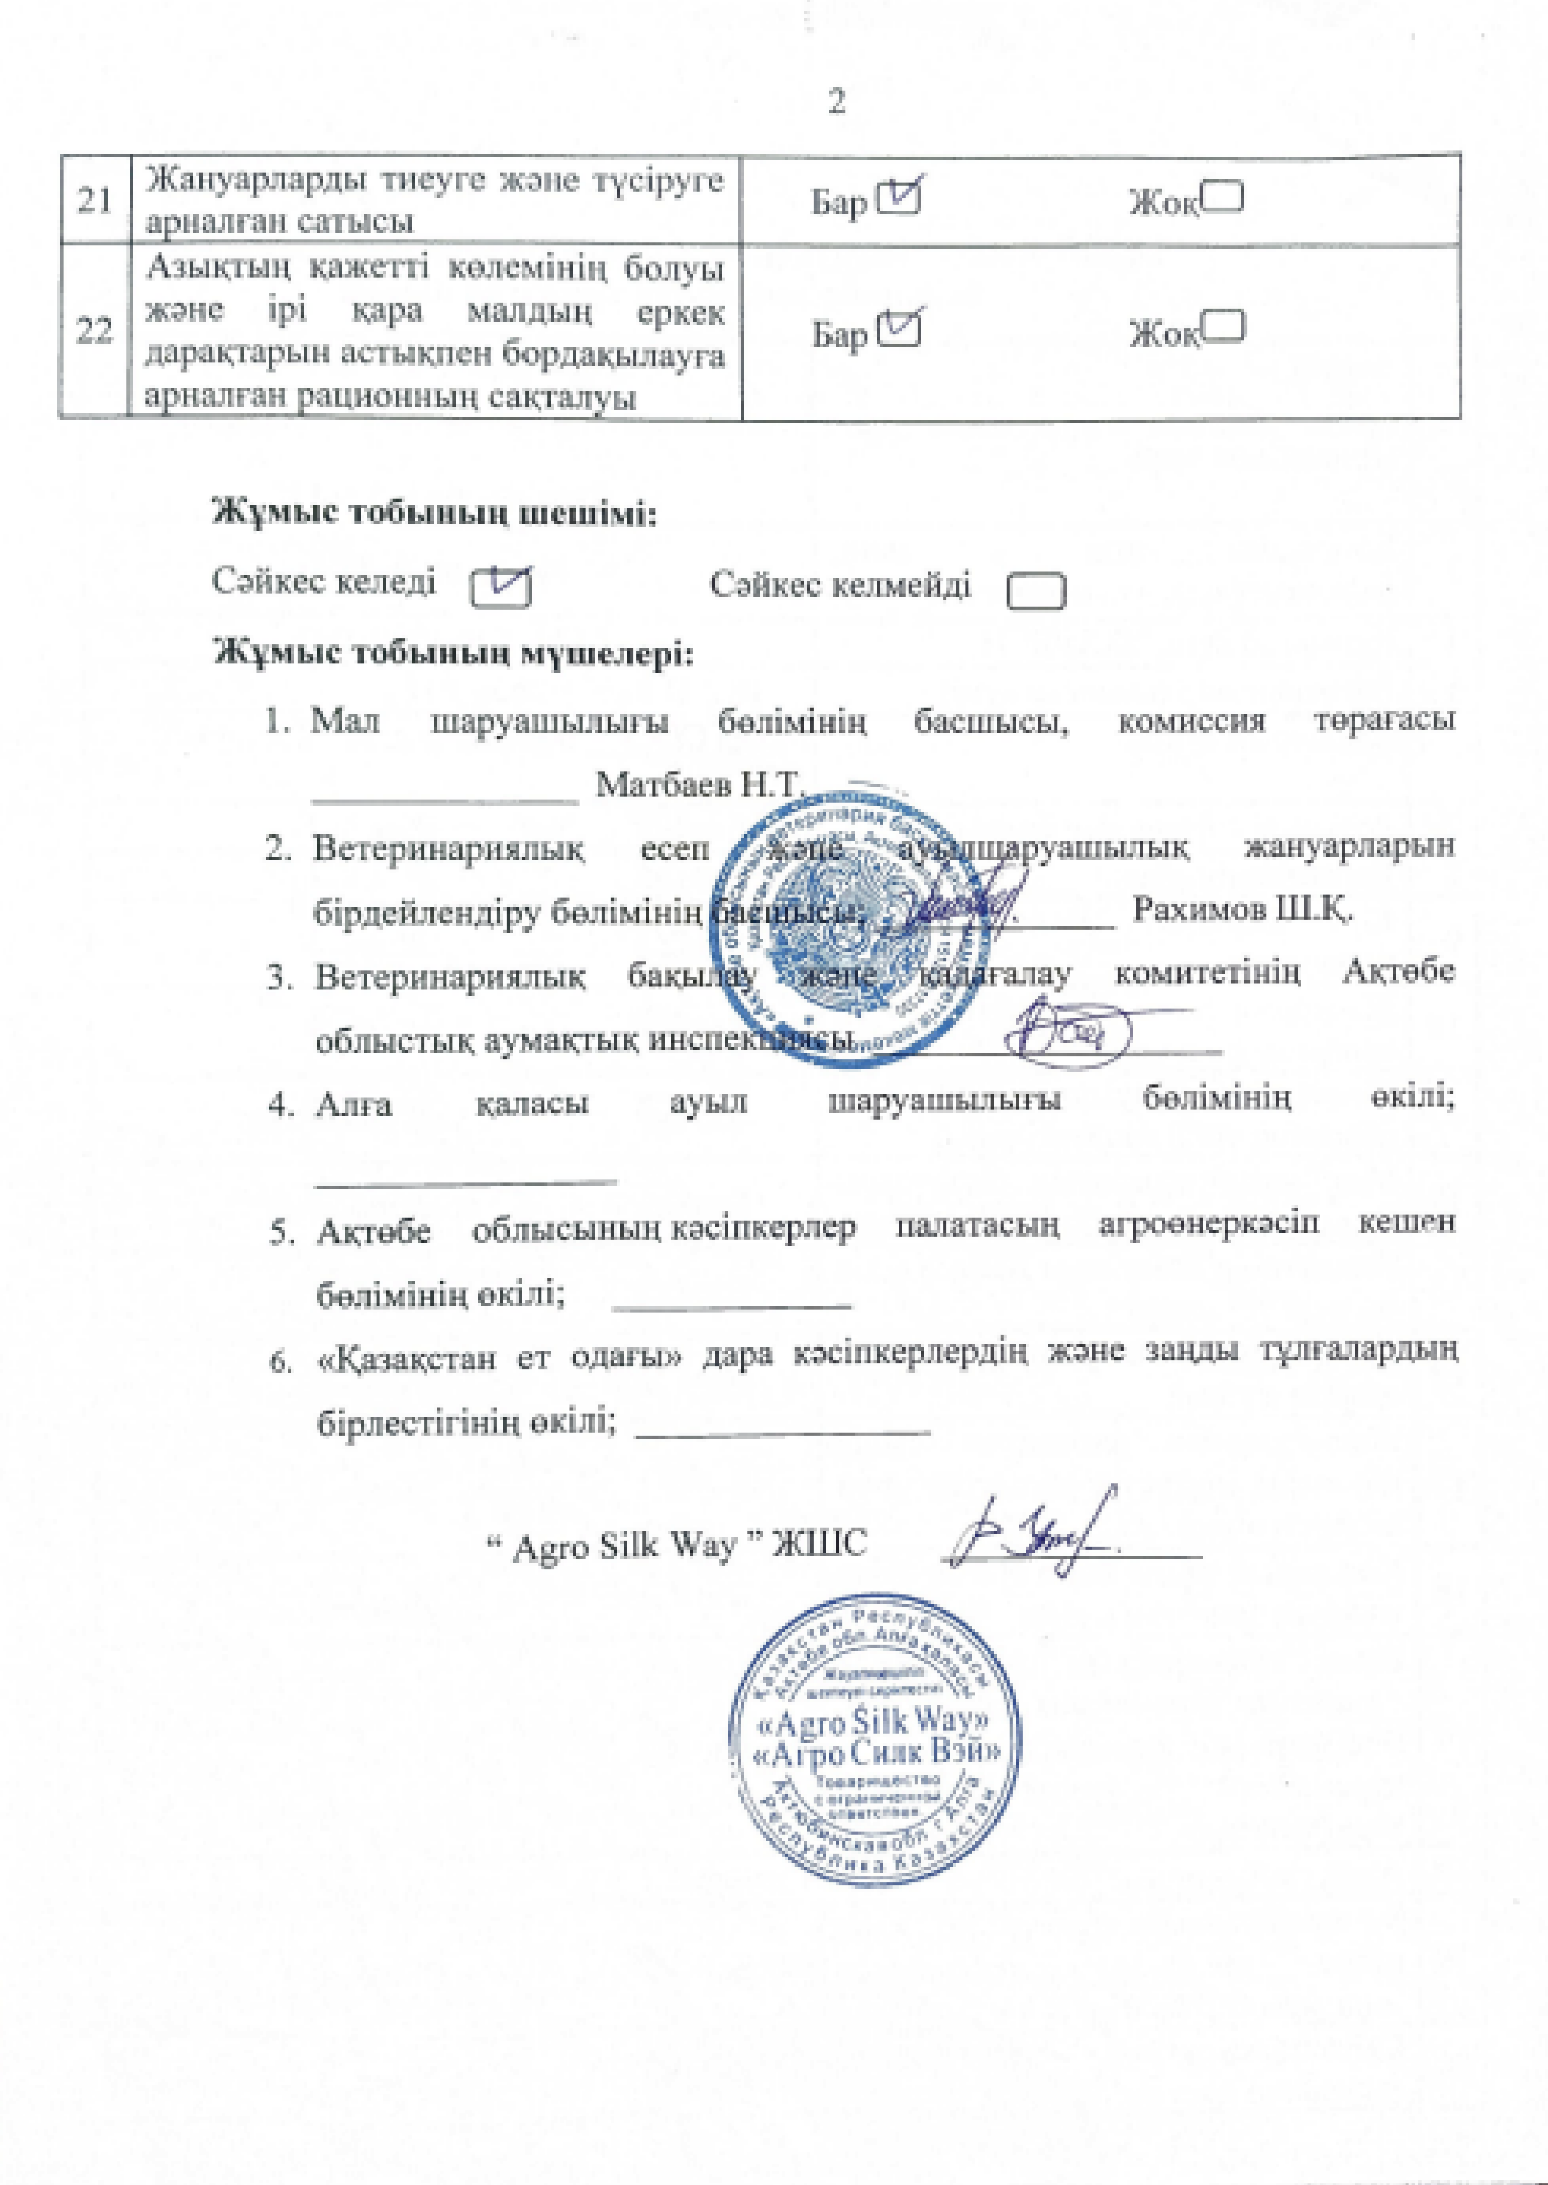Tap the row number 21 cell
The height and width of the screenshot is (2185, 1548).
[x=93, y=200]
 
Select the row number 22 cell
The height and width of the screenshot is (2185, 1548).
[x=93, y=332]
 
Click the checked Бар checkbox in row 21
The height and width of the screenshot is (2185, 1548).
[x=900, y=198]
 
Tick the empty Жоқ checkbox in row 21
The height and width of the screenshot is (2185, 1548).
[x=1223, y=198]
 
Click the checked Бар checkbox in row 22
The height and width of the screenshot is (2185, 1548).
[x=900, y=328]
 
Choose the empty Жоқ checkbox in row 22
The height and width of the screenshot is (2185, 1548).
[x=1223, y=327]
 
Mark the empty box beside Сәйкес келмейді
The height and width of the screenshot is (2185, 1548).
[x=1036, y=590]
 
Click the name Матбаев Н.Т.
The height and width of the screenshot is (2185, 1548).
[x=700, y=785]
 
